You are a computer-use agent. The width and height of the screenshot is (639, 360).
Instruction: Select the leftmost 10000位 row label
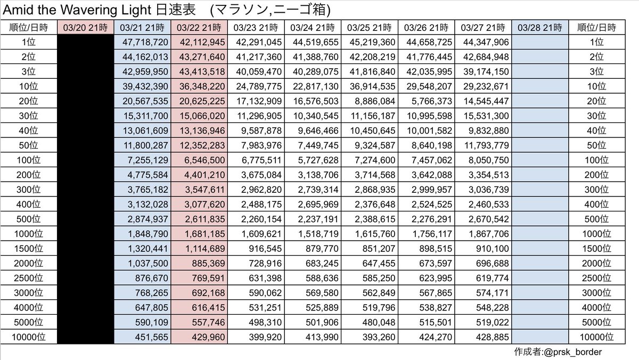point(29,337)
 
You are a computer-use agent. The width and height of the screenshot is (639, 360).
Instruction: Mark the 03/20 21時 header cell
point(85,27)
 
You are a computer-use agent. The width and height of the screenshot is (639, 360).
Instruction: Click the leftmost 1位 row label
point(29,41)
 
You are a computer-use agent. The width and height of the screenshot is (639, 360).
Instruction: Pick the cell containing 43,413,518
point(199,70)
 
